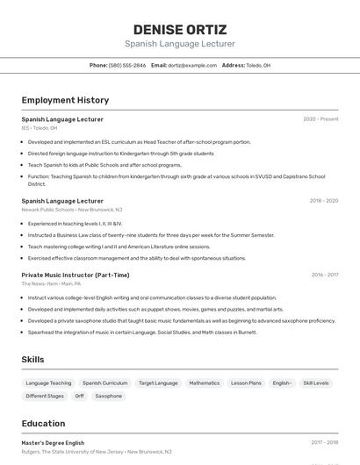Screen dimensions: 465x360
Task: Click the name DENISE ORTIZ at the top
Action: pos(179,29)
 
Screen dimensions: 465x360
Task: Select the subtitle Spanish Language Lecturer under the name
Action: pos(179,44)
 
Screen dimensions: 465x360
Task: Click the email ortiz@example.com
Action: pos(192,66)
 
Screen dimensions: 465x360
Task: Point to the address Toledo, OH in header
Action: pos(258,66)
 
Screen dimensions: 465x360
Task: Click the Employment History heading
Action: pos(65,100)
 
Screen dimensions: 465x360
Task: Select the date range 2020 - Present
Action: pos(320,119)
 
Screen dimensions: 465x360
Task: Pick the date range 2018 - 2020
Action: pos(323,201)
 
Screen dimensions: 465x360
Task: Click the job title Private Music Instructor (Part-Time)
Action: pos(76,275)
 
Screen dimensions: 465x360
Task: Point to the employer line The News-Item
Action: pos(51,284)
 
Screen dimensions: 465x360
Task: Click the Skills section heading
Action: pos(33,360)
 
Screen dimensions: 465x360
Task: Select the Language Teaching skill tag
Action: pos(49,383)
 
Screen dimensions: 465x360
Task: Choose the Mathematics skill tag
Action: pos(204,383)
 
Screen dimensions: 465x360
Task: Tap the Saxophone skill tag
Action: pos(109,397)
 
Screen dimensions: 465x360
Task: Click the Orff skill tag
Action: pos(79,397)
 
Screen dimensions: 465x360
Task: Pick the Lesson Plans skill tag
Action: pos(246,383)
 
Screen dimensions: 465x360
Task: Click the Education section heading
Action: pos(44,424)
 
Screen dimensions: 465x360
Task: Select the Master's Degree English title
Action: pos(53,443)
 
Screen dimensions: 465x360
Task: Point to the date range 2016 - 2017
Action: pos(324,275)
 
